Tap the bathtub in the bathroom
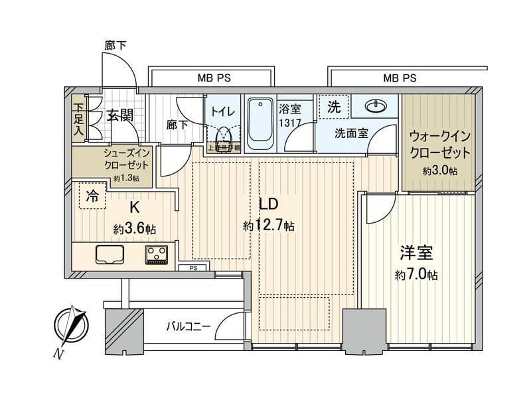[x=260, y=123]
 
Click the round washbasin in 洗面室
[x=376, y=106]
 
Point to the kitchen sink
[x=109, y=254]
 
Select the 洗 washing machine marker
[x=333, y=106]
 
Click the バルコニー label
[x=188, y=326]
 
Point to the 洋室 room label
[x=417, y=253]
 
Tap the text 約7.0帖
[x=417, y=274]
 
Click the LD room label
[x=267, y=204]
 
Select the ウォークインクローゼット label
[x=440, y=144]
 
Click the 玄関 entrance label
[x=119, y=115]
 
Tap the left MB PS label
[x=214, y=78]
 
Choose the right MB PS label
[x=400, y=78]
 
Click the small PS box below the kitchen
[x=194, y=268]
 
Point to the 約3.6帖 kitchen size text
[x=135, y=229]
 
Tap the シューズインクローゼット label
[x=125, y=159]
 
